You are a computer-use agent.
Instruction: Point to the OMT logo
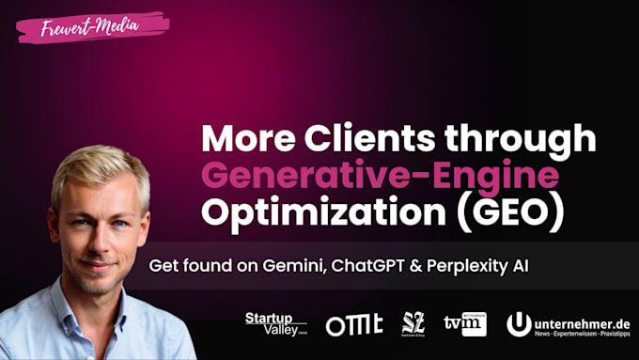354,324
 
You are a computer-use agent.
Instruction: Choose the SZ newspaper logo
413,323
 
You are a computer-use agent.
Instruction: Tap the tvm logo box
465,322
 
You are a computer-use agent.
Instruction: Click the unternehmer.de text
580,320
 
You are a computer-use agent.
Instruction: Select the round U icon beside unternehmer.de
520,323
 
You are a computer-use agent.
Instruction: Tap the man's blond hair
99,169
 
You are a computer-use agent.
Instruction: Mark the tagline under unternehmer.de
580,334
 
